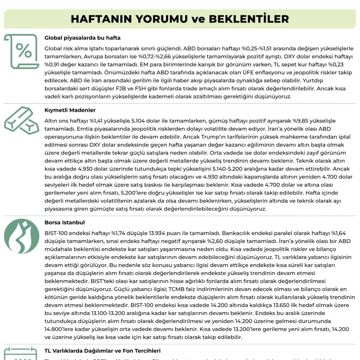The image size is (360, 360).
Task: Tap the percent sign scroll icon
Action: coord(22,51)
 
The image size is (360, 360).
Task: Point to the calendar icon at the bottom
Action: coord(21,353)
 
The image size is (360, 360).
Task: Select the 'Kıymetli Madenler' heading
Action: coord(70,110)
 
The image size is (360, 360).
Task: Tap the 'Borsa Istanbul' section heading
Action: coord(65,223)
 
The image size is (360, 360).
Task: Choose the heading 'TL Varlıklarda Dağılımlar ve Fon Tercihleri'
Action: coord(102,351)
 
